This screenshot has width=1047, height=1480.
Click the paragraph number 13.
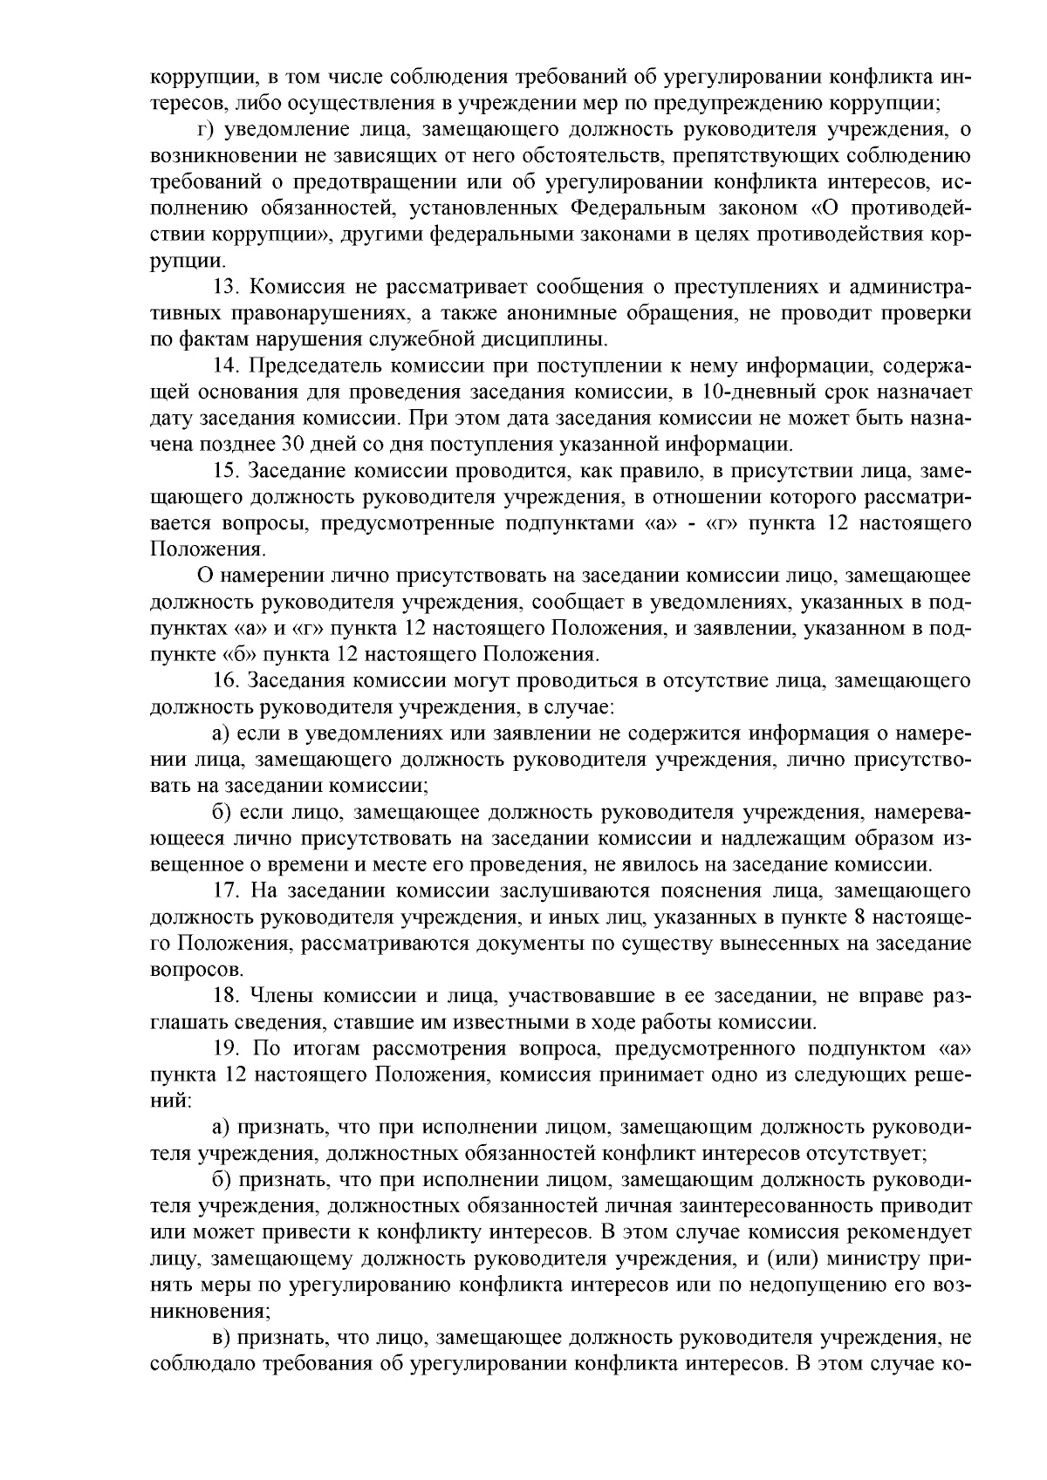coord(226,287)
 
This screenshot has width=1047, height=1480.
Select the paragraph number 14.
coord(226,365)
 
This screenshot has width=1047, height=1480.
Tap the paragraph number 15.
coord(226,471)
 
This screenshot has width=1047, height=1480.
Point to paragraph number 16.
coord(226,679)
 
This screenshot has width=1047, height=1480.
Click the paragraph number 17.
coord(226,890)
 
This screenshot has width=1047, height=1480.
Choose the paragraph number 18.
coord(226,995)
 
